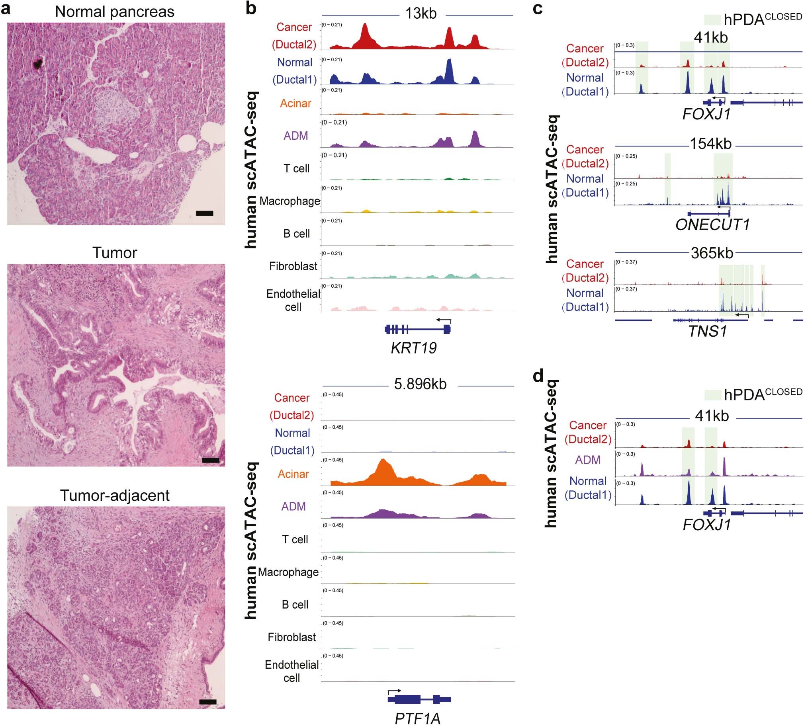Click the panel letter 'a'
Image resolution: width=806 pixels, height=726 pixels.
tap(6, 9)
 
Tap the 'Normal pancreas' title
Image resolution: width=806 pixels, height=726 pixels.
tap(115, 12)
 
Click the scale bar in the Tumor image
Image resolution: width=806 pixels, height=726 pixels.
tap(210, 460)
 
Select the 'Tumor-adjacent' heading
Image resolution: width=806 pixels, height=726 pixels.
tap(115, 496)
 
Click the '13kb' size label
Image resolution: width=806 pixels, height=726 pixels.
tap(421, 14)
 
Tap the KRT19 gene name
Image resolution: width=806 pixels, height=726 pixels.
tap(413, 348)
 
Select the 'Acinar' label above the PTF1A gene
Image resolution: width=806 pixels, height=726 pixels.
tap(293, 474)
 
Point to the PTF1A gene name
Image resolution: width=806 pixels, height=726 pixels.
tap(417, 718)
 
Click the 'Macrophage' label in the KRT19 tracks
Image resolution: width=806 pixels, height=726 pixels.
tap(290, 201)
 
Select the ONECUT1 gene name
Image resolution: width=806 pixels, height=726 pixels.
tap(712, 224)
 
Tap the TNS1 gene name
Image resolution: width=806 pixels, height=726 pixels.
tap(708, 331)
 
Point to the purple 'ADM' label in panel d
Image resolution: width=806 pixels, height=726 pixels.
tap(587, 460)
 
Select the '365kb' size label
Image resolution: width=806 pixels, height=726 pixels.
tap(712, 253)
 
